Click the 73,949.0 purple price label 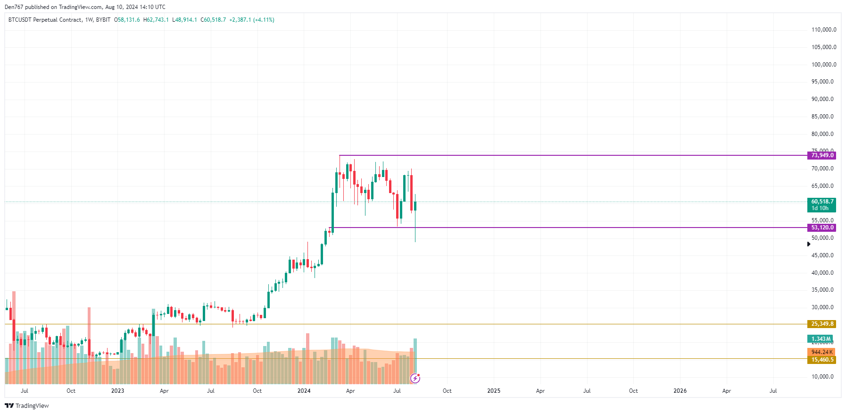[822, 155]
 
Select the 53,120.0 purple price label [822, 228]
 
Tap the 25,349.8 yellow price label [822, 324]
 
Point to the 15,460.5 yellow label [822, 360]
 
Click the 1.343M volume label [821, 339]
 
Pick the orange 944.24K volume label [821, 352]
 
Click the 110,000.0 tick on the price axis [823, 30]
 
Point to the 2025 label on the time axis [494, 391]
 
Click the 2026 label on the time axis [680, 391]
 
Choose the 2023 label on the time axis [117, 391]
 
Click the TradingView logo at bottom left [27, 406]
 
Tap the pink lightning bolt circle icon [415, 378]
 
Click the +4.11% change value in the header [264, 20]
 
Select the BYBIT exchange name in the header [103, 20]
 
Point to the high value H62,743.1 [156, 20]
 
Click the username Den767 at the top [14, 7]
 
